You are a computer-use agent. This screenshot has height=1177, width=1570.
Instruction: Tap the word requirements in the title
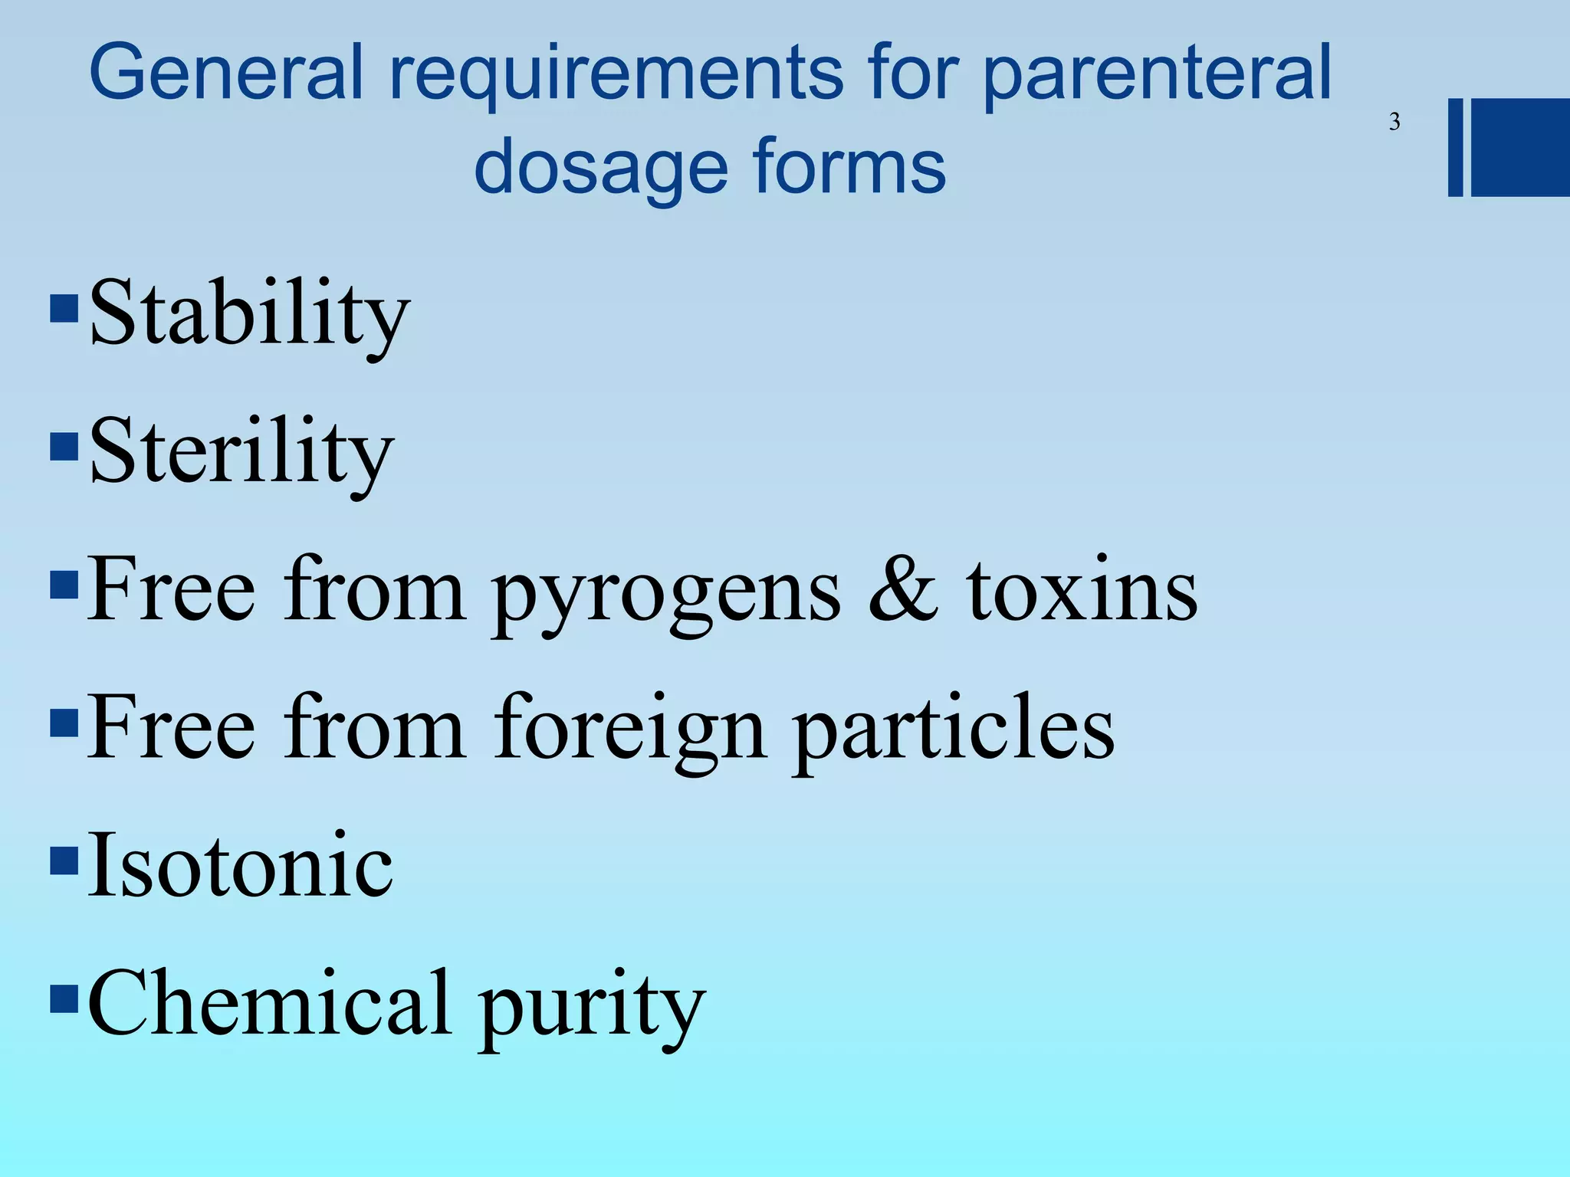point(616,75)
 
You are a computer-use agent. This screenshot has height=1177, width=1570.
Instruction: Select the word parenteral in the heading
point(1157,75)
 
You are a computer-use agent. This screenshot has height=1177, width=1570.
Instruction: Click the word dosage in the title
point(600,169)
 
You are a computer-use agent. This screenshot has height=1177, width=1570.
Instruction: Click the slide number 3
point(1394,122)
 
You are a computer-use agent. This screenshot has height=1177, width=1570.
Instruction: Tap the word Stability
point(250,314)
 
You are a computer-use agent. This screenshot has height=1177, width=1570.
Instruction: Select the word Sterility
point(241,452)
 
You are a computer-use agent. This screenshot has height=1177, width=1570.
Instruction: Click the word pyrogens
point(666,594)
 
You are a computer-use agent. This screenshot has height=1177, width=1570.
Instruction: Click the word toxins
point(1082,590)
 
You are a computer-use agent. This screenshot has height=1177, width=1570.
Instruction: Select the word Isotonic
point(240,866)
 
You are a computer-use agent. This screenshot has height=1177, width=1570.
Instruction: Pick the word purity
point(591,1008)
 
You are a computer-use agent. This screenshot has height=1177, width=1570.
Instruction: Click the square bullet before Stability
point(64,308)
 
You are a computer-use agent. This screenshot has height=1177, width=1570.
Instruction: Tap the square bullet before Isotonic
point(64,860)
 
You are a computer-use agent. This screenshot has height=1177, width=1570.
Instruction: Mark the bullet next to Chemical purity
point(64,998)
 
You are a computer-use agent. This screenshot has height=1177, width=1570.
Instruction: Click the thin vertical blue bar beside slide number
point(1455,147)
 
